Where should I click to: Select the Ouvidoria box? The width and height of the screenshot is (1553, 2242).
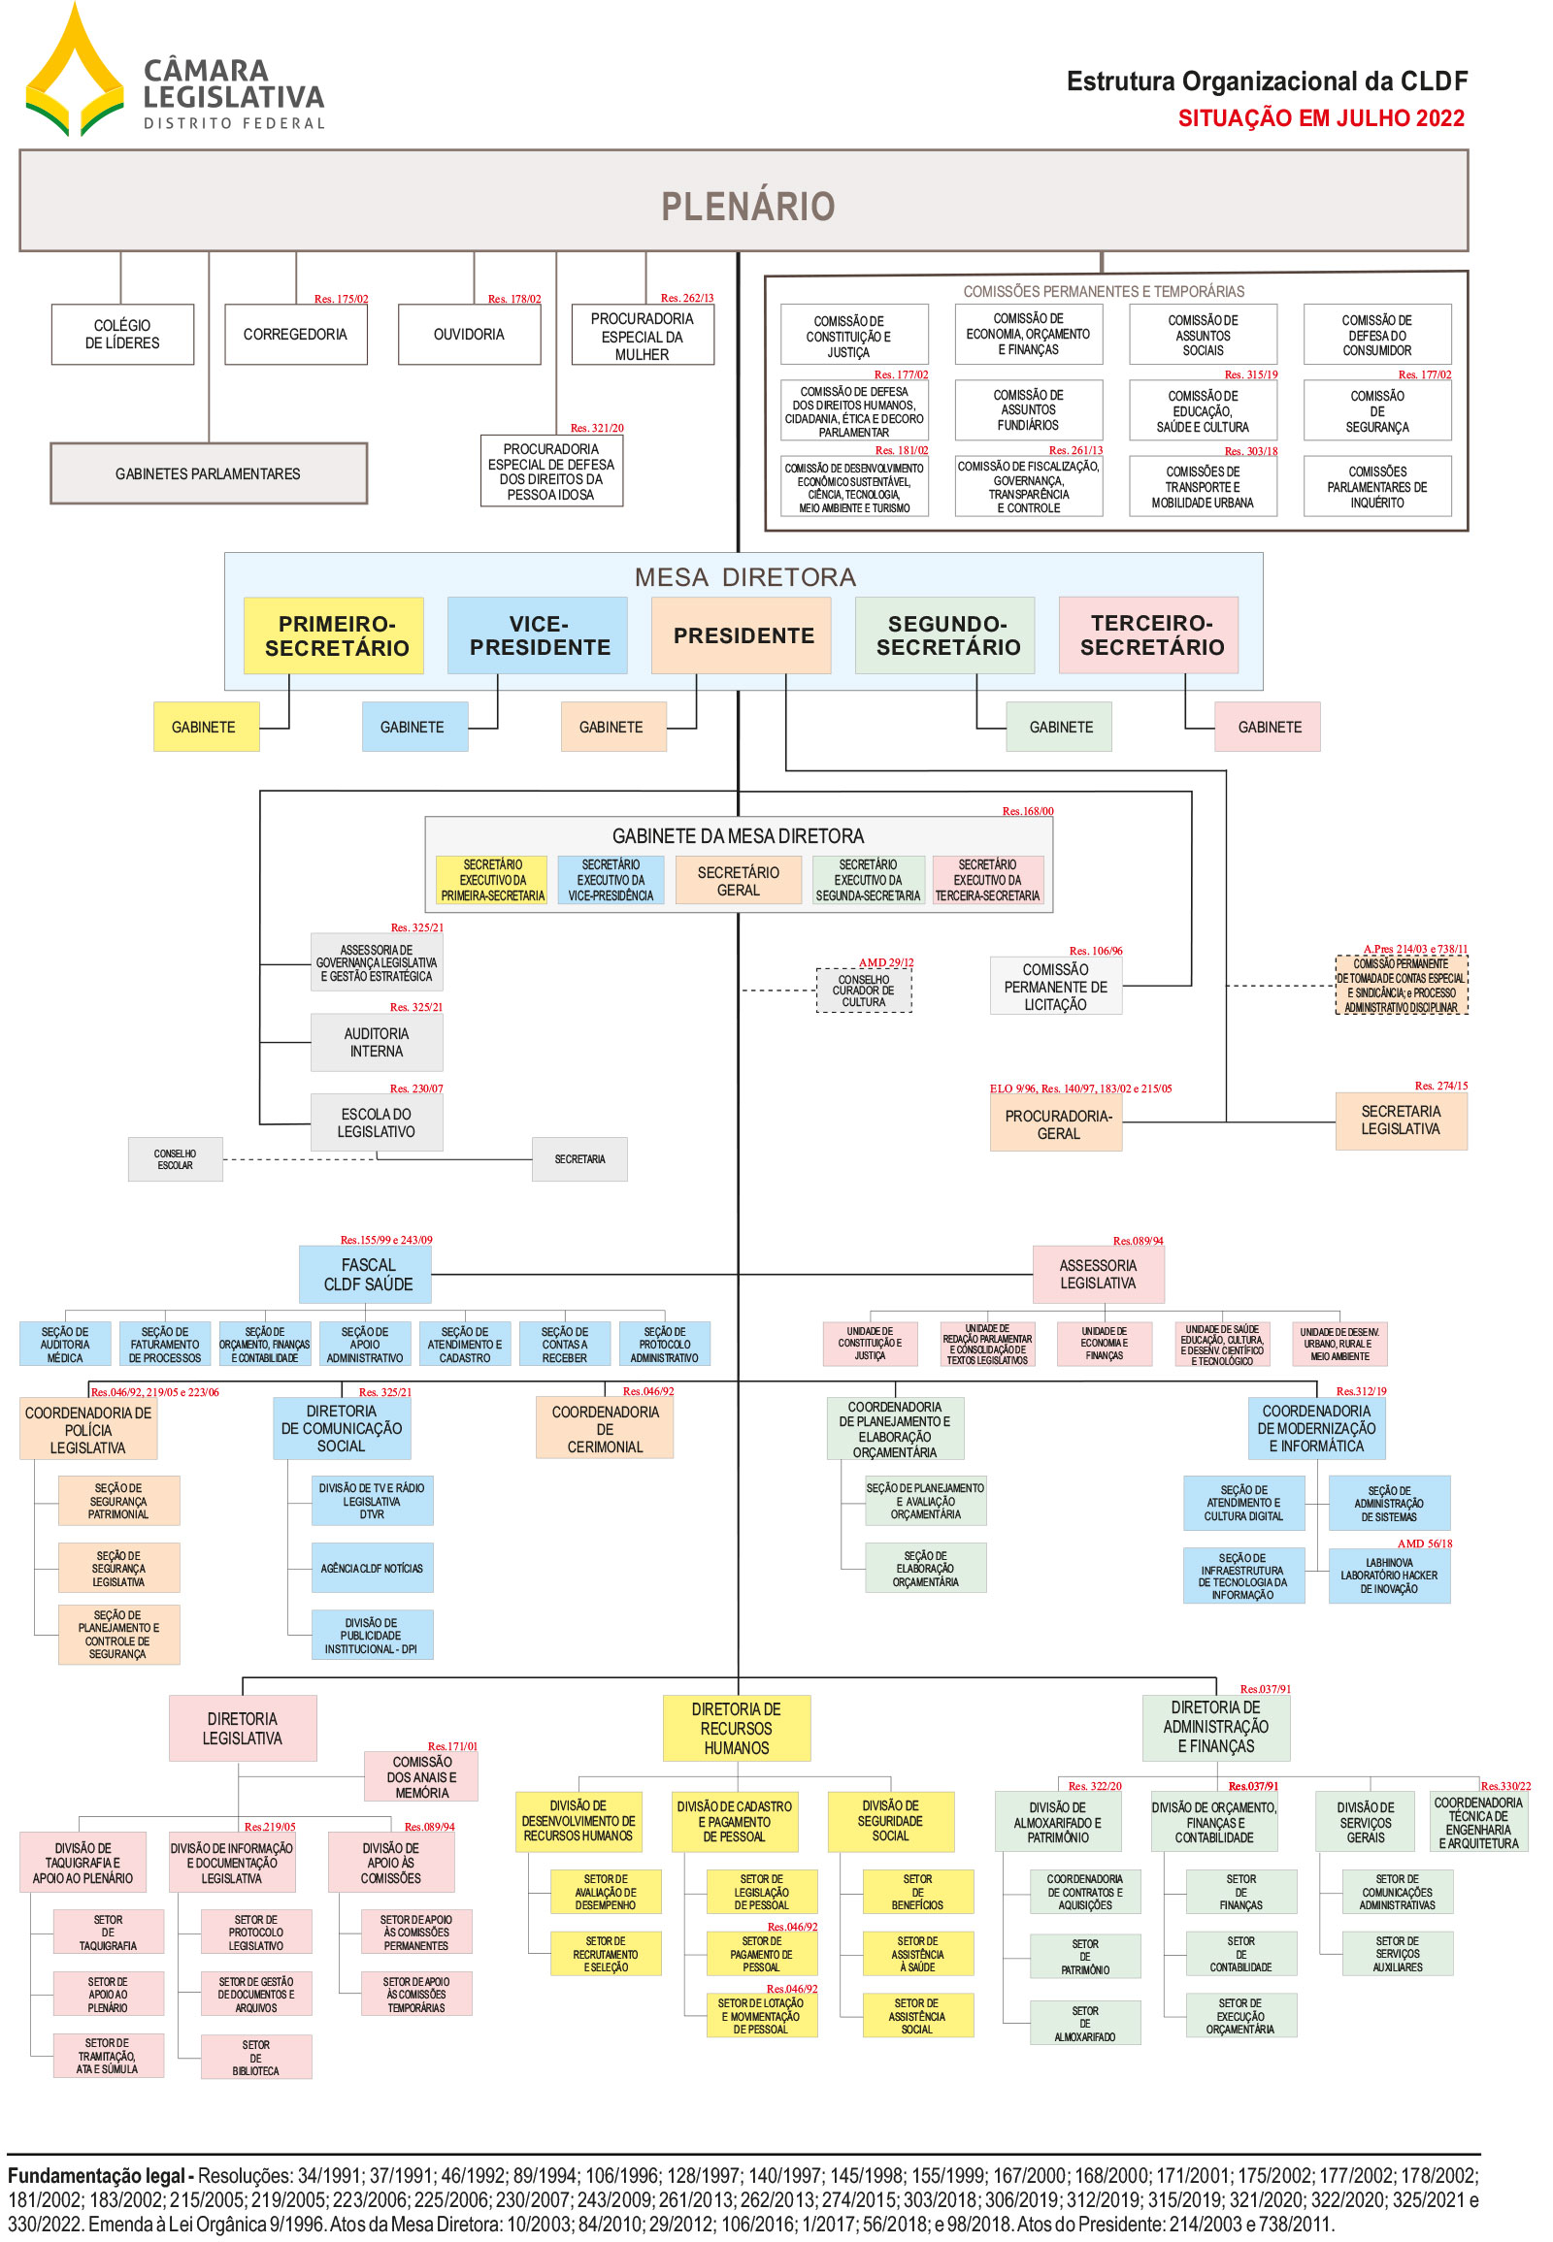pos(469,335)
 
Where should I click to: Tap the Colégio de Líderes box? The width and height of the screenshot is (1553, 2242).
pos(122,335)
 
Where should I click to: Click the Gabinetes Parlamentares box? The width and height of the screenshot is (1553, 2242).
pos(209,473)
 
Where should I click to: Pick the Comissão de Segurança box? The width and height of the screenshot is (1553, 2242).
pos(1376,411)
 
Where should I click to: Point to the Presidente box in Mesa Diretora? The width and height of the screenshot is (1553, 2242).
pos(743,635)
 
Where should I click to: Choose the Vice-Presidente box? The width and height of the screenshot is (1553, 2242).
pos(539,635)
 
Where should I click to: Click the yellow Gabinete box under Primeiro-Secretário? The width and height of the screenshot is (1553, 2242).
pos(205,727)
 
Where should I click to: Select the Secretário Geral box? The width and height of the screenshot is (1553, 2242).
pos(738,880)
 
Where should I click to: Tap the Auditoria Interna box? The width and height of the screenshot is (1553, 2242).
pos(377,1042)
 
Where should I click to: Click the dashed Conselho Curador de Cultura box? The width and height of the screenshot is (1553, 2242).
pos(863,991)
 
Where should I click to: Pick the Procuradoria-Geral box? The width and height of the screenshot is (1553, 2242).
pos(1057,1124)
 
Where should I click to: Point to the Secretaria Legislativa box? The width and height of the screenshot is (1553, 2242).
pos(1400,1121)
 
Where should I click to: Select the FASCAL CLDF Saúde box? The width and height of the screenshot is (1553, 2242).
pos(368,1274)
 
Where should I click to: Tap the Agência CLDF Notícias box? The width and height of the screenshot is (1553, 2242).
pos(372,1568)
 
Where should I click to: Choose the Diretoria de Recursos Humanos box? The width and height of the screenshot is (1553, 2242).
pos(736,1728)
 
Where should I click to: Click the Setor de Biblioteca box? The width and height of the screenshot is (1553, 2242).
pos(256,2058)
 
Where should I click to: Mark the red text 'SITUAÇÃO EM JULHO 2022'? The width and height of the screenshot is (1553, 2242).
pos(1319,118)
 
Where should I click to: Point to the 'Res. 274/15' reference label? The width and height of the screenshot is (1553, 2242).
pos(1440,1086)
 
